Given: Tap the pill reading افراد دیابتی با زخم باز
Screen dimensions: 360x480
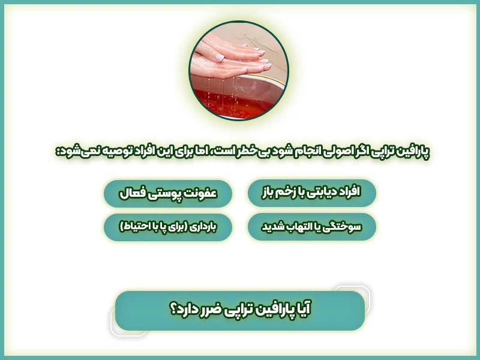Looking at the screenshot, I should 312,193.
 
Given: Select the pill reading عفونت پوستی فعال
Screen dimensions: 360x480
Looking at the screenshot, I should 168,193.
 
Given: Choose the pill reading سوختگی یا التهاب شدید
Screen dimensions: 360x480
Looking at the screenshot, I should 312,227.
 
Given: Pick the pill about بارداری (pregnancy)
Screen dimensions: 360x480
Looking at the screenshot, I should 168,227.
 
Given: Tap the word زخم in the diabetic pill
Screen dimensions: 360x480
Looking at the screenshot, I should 282,193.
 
